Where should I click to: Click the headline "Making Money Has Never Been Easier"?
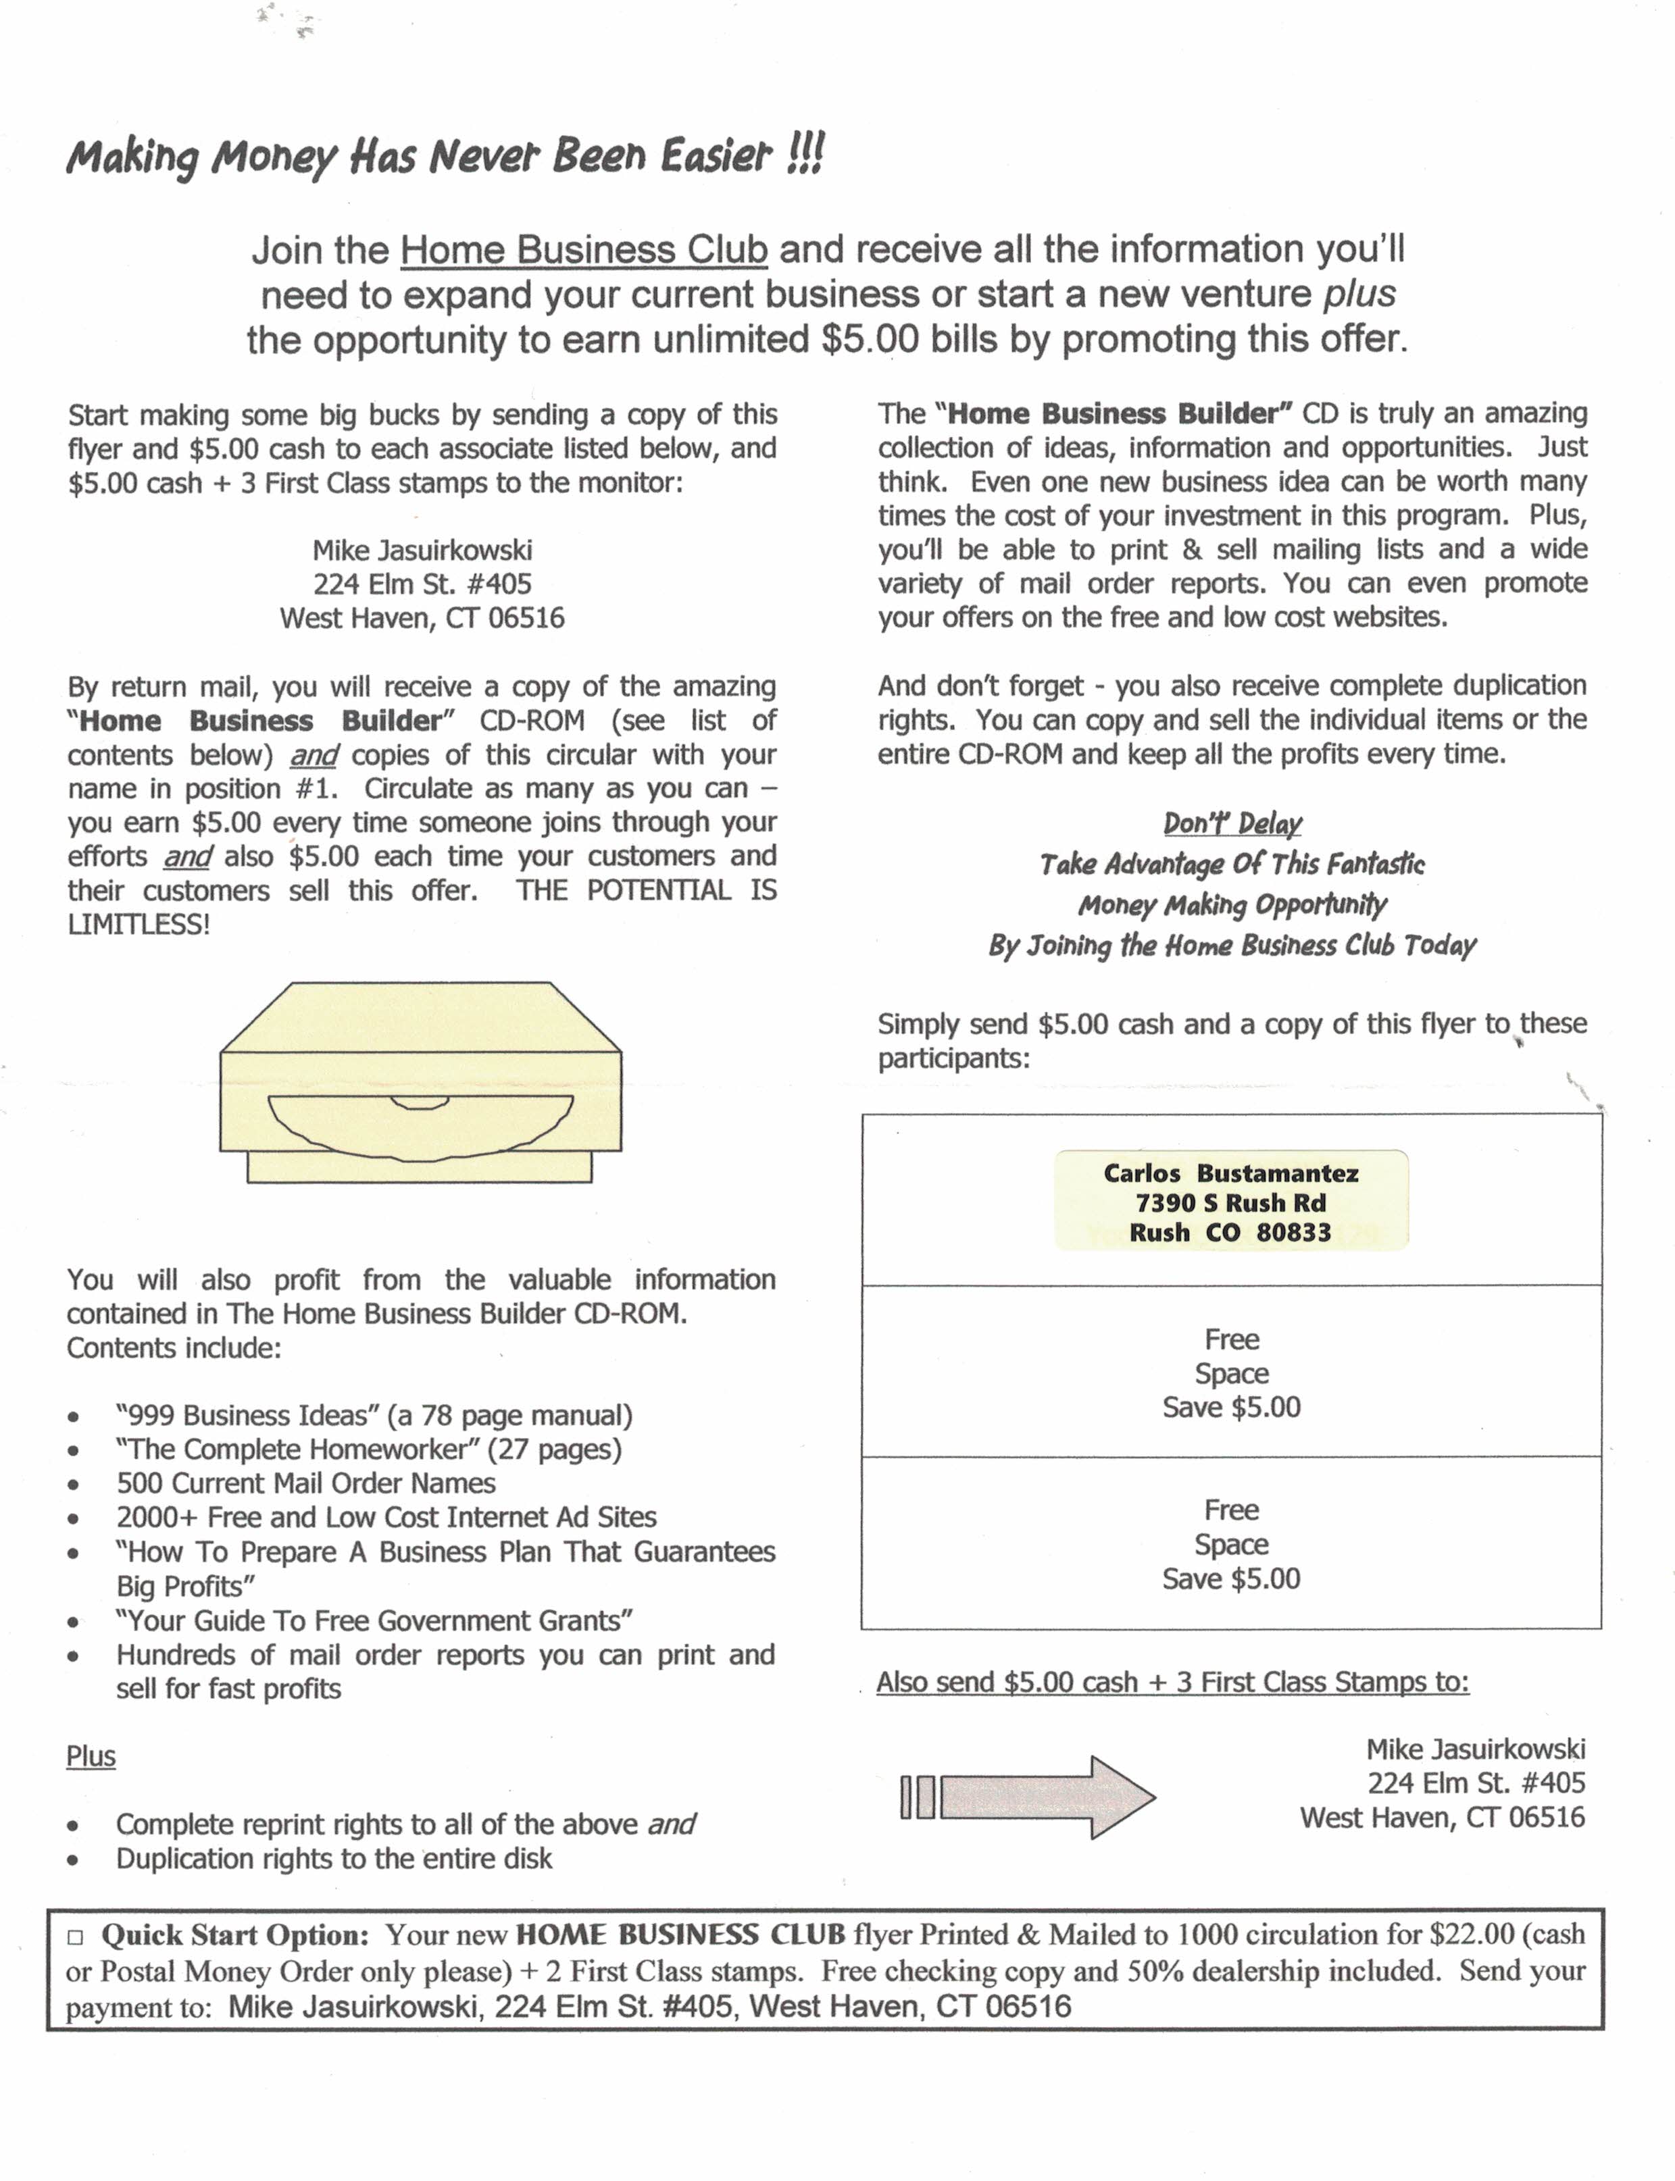pos(445,157)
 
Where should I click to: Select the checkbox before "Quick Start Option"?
pos(75,1936)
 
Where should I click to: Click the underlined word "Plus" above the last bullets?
pos(91,1756)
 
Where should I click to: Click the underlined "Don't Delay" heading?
pos(1232,823)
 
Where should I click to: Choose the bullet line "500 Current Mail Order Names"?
pos(305,1483)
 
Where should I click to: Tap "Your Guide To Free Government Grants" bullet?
pos(374,1621)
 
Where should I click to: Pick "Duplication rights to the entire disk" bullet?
pos(334,1858)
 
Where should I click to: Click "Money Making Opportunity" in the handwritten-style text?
pos(1232,905)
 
